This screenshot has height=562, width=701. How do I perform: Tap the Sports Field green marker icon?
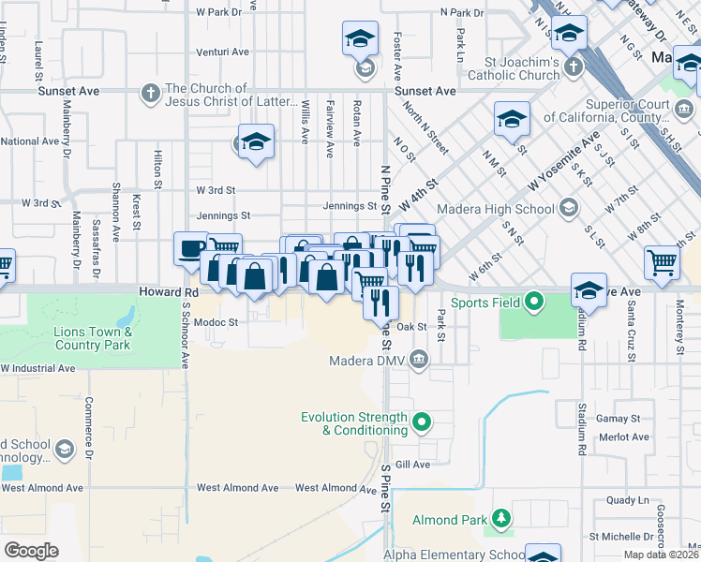click(534, 302)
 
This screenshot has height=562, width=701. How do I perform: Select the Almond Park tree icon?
click(501, 518)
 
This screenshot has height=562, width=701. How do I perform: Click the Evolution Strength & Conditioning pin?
click(421, 422)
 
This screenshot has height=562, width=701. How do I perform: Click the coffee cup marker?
click(191, 249)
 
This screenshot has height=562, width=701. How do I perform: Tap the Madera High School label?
click(508, 209)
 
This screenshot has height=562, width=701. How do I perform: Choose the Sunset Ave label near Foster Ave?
click(425, 91)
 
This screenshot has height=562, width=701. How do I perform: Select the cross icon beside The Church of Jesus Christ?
click(150, 93)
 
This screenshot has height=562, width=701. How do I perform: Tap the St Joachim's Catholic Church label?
click(514, 68)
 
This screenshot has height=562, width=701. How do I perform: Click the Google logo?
click(32, 551)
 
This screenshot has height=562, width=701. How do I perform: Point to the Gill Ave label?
click(411, 464)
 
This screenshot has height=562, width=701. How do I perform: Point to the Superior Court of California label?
click(637, 111)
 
